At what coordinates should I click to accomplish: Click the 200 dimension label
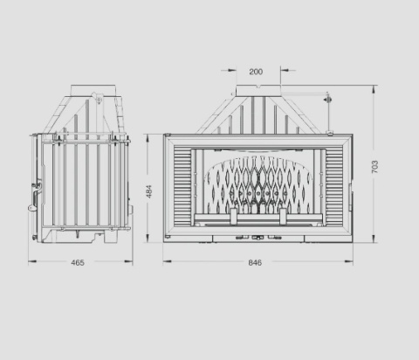pos(256,72)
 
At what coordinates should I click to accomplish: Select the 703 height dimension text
pos(374,167)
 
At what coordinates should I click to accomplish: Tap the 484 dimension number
pos(148,191)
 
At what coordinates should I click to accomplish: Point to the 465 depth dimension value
pos(78,263)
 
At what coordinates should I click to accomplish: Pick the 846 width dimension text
pos(255,263)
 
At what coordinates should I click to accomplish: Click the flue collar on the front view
pos(258,91)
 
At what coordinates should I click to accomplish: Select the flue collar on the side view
pos(93,90)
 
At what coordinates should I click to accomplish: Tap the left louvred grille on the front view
pos(182,185)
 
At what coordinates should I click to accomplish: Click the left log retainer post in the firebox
pos(234,217)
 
